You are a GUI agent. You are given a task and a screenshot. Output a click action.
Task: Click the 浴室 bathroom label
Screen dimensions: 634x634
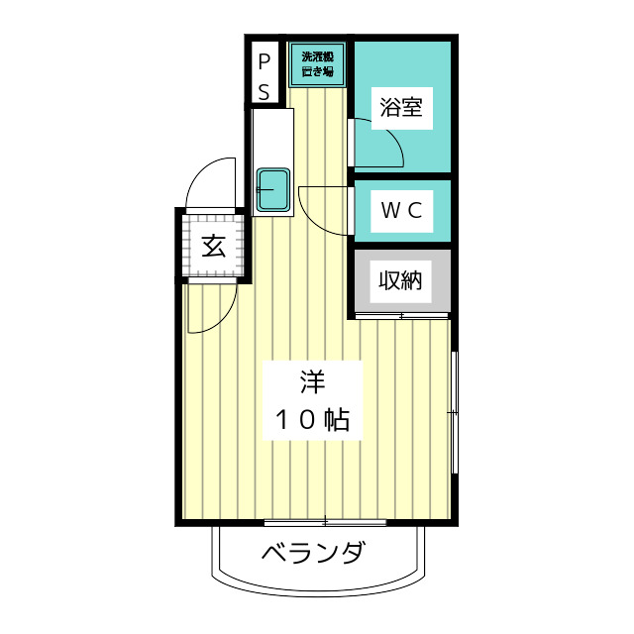coord(401,108)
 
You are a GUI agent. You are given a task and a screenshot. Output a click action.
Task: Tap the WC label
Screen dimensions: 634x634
coord(402,209)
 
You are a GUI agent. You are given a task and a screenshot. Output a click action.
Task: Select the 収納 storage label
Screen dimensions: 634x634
coord(400,280)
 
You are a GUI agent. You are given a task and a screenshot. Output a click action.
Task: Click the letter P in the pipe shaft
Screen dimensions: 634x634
coord(264,62)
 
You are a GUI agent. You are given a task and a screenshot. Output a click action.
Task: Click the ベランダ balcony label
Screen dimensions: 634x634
coord(314,553)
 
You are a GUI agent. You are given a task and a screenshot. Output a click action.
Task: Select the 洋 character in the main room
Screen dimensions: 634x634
coord(311,381)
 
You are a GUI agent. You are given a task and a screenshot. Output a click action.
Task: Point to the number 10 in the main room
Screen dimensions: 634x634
coord(293,420)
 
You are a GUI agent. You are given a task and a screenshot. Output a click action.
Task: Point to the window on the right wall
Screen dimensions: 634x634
coord(454,411)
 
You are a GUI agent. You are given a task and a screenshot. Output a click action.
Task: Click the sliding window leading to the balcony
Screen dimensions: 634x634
coord(325,521)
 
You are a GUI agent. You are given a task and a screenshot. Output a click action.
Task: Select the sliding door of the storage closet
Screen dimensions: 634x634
coord(401,316)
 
